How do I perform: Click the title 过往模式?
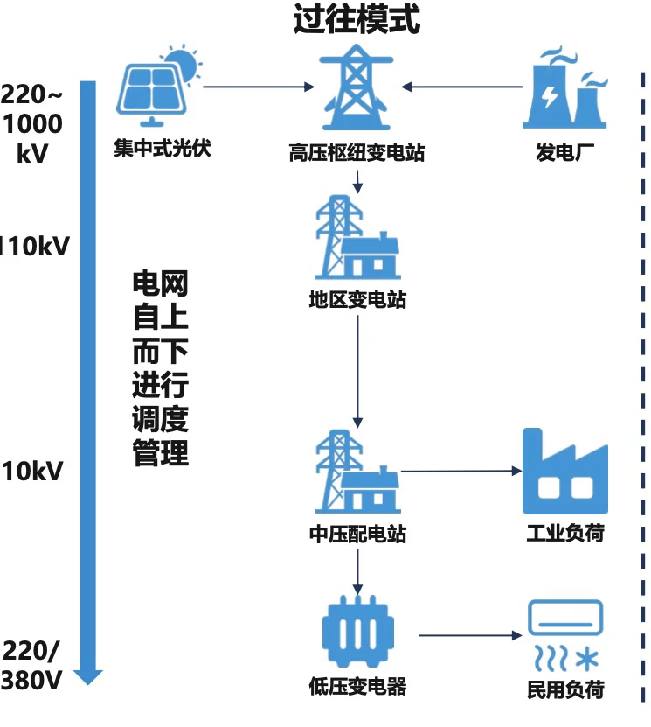357,19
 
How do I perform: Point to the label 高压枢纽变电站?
357,153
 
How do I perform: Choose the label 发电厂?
564,153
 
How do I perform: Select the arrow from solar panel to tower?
258,87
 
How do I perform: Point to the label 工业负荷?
564,533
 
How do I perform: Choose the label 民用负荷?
564,689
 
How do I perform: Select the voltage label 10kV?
32,472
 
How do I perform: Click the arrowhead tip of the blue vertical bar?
88,682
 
